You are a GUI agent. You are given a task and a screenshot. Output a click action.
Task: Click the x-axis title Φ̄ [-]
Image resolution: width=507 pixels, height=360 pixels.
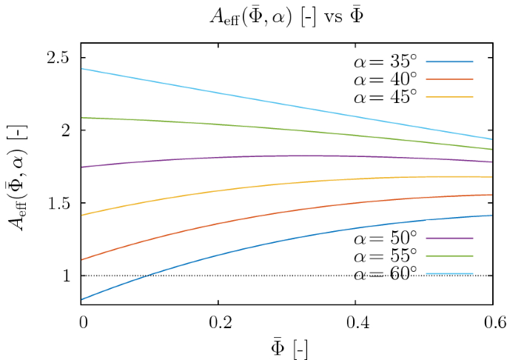[286, 345]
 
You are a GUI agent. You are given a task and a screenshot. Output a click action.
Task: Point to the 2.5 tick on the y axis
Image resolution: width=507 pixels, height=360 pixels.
[59, 58]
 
